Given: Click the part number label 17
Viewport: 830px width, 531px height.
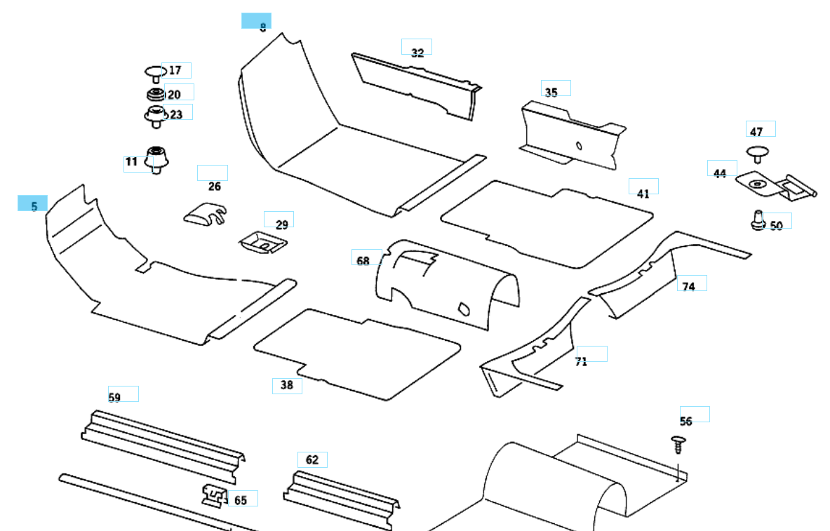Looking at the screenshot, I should coord(175,70).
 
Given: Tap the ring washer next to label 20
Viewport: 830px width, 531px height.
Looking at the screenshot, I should coord(155,95).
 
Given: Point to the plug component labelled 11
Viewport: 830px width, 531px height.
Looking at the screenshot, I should coord(156,159).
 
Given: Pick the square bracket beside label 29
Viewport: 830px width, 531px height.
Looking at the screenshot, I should coord(262,242).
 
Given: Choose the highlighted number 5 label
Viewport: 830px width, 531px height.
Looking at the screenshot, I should coord(33,205).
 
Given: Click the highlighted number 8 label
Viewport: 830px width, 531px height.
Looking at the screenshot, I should coord(257,22).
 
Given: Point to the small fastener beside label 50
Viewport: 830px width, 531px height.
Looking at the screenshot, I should coord(756,220).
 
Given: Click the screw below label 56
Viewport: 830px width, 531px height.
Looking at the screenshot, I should coord(678,445).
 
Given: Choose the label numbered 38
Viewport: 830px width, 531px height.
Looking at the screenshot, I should coord(287,385).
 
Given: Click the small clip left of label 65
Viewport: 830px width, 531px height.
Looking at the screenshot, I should coord(214,495).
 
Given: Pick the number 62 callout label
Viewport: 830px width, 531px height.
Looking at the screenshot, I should coord(312,460).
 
